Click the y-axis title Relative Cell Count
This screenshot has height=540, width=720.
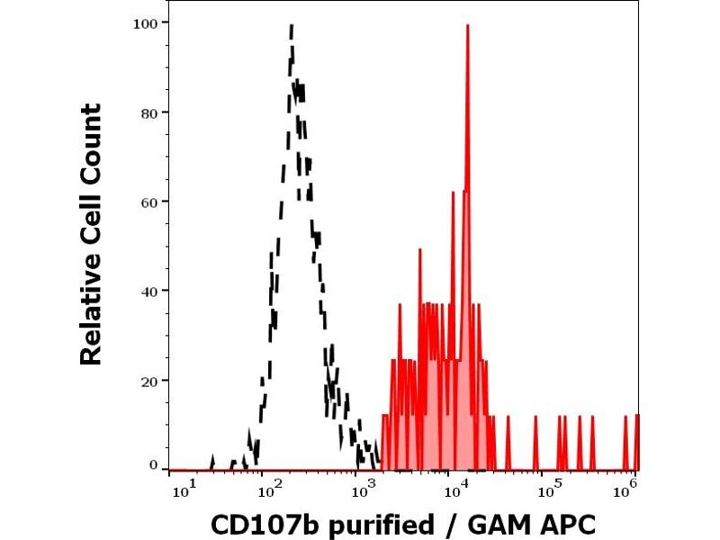coord(91,234)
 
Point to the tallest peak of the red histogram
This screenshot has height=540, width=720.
coord(468,26)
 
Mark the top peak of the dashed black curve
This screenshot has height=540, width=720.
coord(292,27)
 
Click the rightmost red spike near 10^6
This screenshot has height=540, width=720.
coord(636,416)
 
